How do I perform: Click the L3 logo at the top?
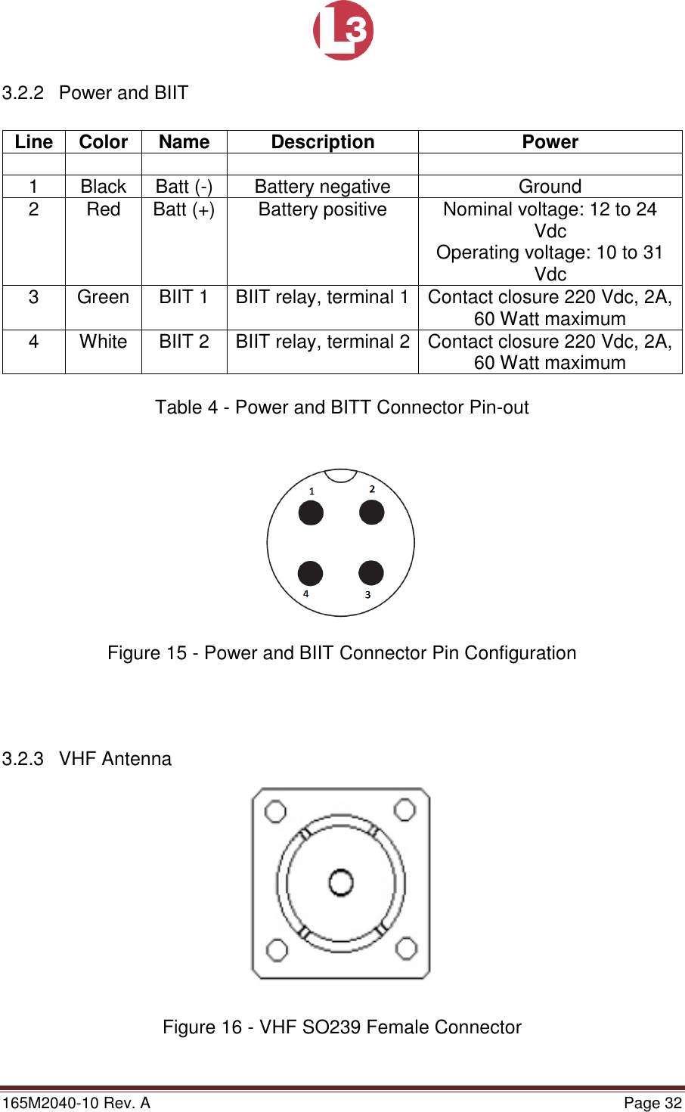343,30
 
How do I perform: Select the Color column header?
104,142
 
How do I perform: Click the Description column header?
323,142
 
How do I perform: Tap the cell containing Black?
104,187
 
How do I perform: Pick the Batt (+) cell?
184,209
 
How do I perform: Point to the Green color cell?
104,297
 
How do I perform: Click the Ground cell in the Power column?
550,187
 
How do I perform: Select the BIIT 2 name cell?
184,342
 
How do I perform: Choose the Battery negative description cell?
323,187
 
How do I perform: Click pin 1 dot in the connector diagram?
311,513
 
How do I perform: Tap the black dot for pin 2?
371,512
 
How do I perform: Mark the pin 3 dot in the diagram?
370,572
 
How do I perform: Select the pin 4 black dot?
311,573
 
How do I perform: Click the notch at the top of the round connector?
341,475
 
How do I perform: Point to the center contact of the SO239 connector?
341,882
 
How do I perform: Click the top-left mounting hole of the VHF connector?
276,812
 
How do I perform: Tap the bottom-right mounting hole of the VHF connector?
407,949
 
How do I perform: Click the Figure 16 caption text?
342,1027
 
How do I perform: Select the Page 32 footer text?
652,1103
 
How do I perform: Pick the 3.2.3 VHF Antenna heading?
87,759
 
